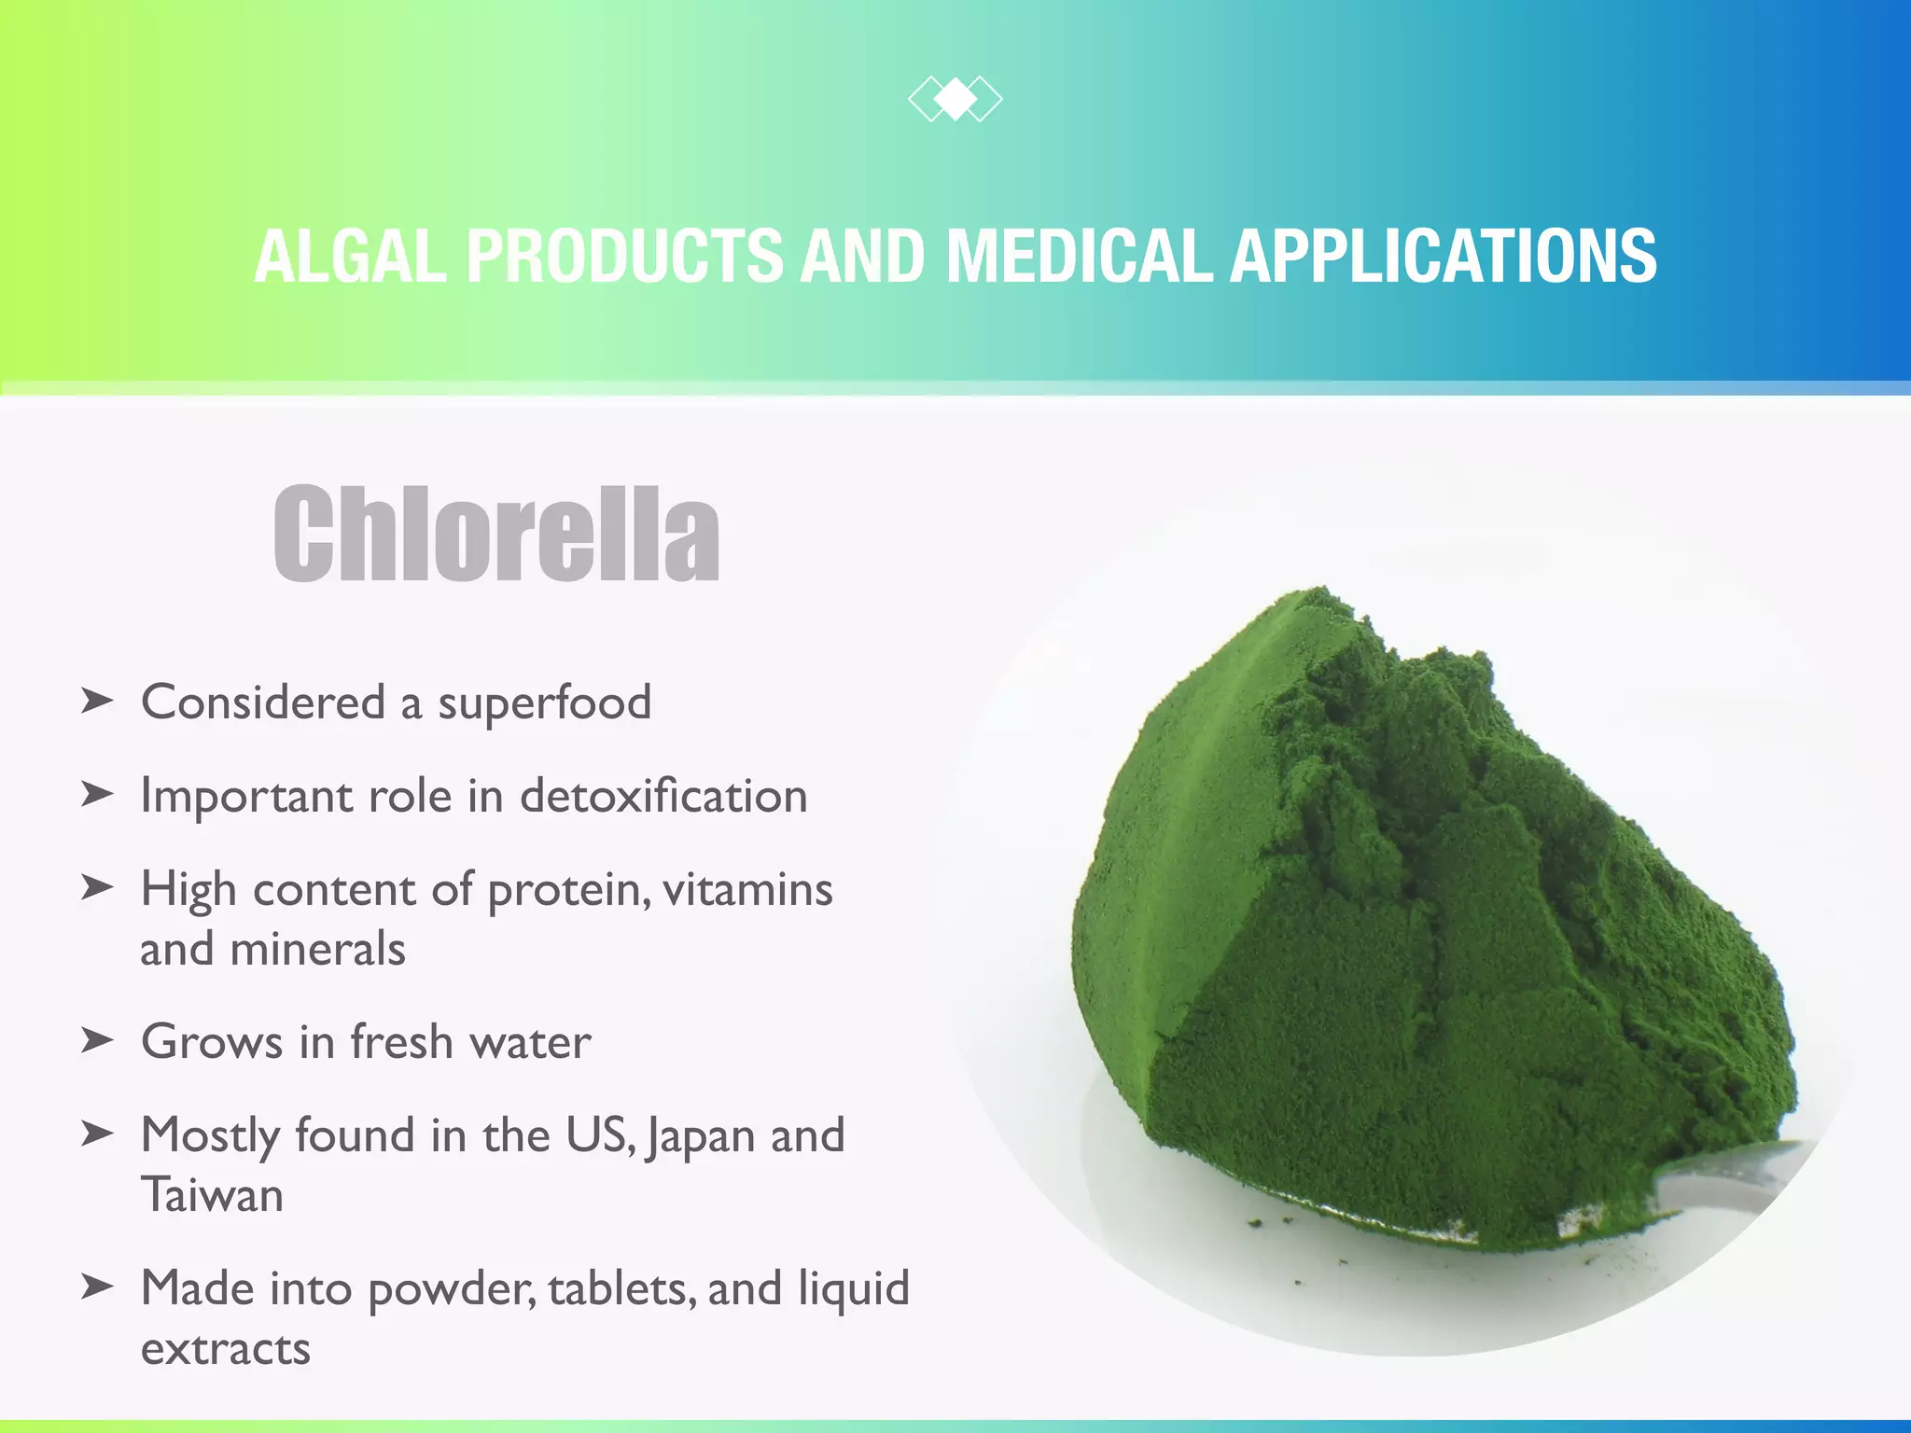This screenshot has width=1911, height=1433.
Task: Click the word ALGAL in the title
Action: (351, 257)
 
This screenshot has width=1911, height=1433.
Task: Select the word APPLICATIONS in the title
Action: (1443, 257)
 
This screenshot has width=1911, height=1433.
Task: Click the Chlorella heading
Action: (496, 534)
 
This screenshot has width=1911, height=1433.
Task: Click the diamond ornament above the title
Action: (955, 100)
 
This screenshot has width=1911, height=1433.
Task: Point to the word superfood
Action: (544, 703)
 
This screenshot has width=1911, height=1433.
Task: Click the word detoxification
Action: (663, 796)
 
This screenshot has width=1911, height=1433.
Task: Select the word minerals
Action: (317, 950)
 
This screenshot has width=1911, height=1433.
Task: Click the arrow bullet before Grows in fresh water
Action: (97, 1039)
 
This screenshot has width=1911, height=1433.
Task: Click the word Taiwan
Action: (212, 1196)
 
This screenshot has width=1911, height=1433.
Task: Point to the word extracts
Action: (225, 1350)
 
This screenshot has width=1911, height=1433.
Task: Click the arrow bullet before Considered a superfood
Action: (97, 701)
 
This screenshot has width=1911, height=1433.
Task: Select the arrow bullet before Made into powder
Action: (97, 1287)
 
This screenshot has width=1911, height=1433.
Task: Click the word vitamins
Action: (746, 889)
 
